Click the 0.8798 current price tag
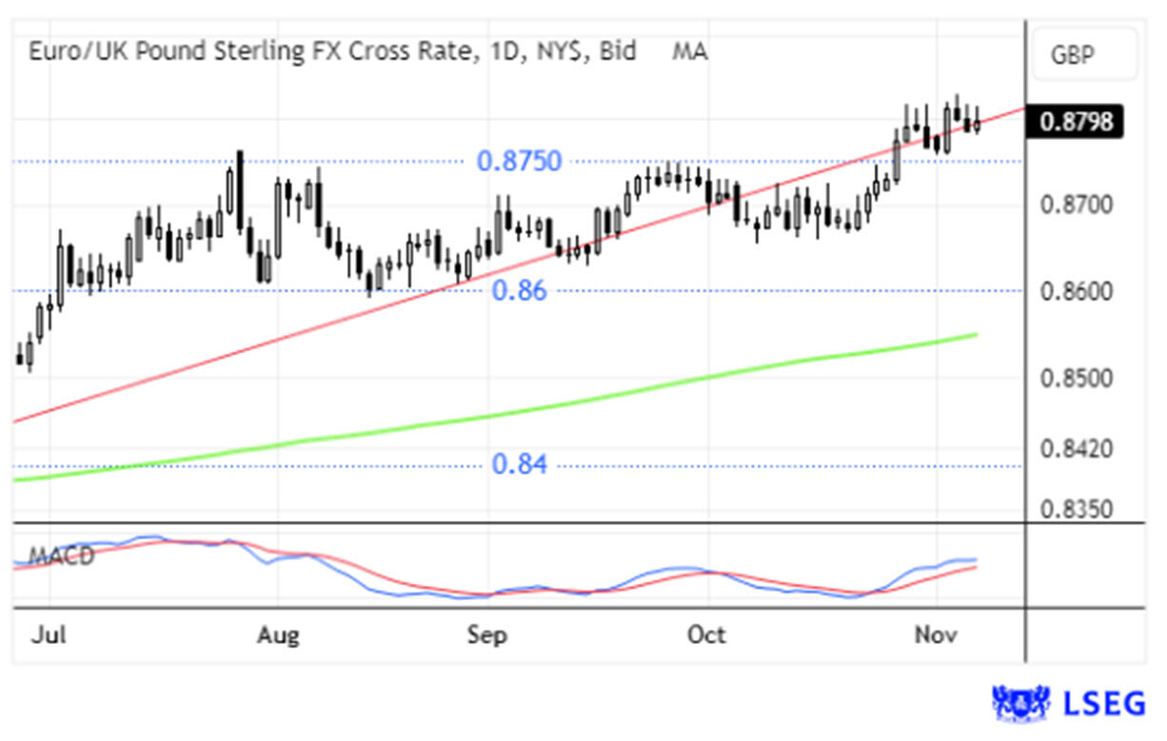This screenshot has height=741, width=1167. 1077,122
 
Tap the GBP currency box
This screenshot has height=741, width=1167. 1072,55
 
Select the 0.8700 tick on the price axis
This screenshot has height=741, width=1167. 1077,205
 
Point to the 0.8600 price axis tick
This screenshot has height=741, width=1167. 1077,291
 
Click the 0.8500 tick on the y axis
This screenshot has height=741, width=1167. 1077,379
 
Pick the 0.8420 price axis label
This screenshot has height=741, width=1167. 1077,448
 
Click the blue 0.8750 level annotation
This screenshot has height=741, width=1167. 519,161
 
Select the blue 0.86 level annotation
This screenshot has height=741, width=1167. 520,291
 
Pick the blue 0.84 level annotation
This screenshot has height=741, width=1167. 520,465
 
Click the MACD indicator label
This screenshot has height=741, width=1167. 62,556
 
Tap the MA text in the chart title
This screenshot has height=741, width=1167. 689,51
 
